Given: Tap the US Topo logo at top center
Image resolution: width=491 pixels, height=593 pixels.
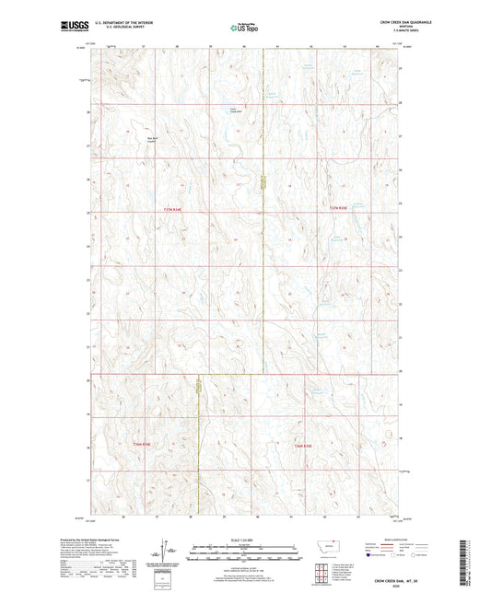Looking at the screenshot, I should tap(245, 28).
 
